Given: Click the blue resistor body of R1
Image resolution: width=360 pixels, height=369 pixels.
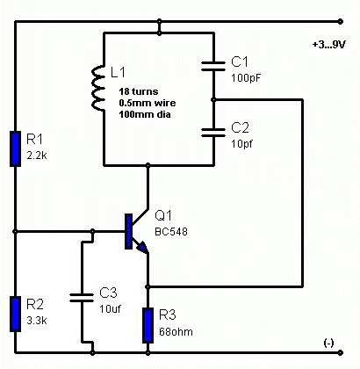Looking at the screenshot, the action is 16,149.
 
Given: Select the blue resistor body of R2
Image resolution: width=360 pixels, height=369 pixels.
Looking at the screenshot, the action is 16,314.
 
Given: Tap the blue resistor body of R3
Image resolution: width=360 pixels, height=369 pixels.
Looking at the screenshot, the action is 148,325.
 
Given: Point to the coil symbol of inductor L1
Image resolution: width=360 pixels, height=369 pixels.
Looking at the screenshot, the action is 98,89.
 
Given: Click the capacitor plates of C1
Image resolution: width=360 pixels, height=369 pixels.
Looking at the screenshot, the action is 213,66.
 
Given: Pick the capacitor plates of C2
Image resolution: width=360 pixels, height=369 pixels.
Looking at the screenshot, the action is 213,133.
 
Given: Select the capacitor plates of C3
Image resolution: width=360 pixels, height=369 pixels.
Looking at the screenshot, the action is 82,297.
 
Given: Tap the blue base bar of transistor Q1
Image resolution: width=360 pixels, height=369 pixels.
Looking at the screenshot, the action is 128,231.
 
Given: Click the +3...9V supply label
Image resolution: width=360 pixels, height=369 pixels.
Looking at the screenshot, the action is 329,45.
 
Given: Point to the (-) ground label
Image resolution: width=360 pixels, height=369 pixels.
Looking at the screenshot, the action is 328,344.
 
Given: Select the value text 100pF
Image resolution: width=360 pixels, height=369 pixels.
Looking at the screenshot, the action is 246,78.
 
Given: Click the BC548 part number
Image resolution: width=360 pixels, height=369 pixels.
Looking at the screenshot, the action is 171,232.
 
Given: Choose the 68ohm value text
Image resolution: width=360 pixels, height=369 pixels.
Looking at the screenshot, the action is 176,332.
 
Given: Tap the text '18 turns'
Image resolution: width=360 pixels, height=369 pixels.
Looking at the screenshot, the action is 139,91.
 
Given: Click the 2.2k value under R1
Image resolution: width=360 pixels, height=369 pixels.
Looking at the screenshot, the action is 37,156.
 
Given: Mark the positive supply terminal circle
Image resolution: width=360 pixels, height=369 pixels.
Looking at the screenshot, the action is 340,21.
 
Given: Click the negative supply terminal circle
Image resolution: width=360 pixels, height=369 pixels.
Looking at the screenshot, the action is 340,352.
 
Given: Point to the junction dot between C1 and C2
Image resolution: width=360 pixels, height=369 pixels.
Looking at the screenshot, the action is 213,100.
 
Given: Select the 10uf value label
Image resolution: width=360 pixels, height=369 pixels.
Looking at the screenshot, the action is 110,309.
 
